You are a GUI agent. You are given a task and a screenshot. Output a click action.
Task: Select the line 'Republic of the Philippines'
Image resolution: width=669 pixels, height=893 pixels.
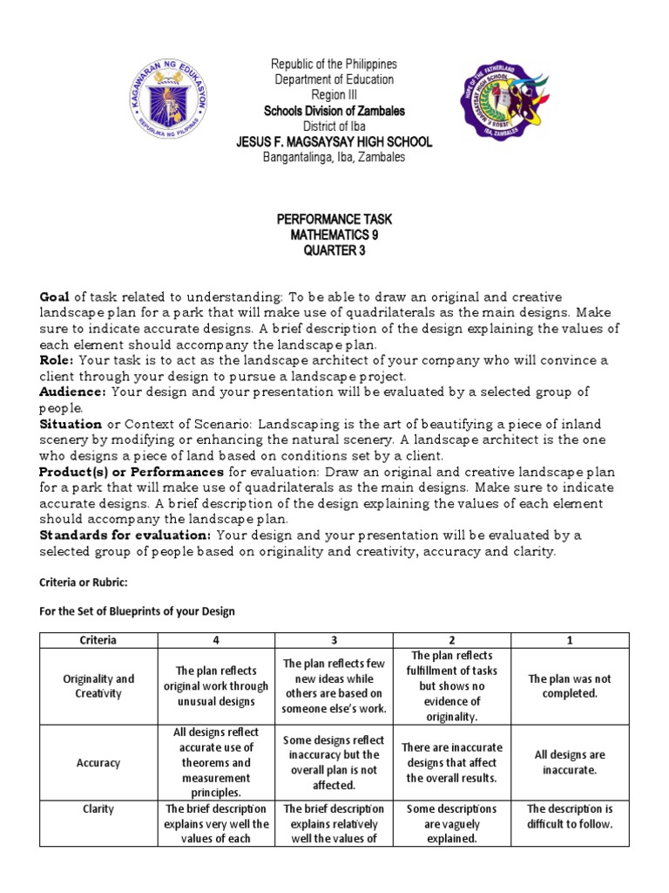[x=334, y=65]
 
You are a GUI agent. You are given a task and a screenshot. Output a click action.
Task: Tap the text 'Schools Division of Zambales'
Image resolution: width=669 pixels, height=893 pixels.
[x=334, y=111]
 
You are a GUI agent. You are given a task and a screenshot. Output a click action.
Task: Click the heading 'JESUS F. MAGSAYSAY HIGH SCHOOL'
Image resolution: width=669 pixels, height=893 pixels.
[x=334, y=142]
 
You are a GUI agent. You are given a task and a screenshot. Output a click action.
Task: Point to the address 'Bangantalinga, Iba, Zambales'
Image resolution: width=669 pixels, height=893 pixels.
[x=334, y=158]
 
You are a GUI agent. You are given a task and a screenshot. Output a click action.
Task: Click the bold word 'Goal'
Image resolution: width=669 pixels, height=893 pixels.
[x=55, y=297]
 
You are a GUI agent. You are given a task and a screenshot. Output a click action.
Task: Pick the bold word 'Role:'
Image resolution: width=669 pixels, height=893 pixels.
[x=58, y=360]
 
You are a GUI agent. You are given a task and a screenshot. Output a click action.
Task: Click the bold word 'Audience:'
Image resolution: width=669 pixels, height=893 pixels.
[x=72, y=392]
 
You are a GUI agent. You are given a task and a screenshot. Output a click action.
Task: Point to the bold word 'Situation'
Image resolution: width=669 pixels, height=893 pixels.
[x=71, y=423]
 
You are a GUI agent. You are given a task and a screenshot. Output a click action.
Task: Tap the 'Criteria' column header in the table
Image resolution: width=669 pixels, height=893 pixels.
[x=98, y=639]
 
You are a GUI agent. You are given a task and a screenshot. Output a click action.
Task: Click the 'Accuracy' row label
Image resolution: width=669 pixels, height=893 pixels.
[x=98, y=762]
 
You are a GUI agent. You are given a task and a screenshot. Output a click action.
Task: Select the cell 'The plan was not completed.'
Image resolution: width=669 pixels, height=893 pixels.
[x=571, y=685]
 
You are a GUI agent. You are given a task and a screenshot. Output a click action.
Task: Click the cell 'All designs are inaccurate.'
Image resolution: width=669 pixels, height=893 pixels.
[x=571, y=762]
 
